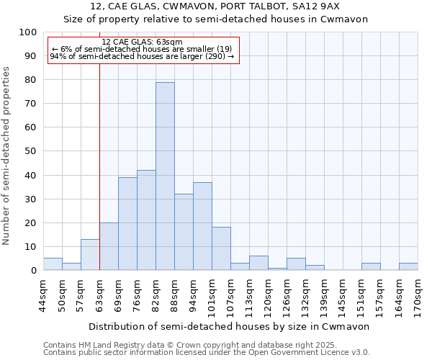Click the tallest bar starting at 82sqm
point(165,176)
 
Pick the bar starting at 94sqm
point(202,226)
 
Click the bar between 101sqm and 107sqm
point(221,249)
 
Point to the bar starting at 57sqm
point(90,255)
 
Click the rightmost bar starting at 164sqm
point(408,266)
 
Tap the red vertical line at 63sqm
point(99,180)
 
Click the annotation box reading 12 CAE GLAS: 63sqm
point(142,50)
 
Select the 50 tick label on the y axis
point(30,151)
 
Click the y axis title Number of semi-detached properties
point(7,156)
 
